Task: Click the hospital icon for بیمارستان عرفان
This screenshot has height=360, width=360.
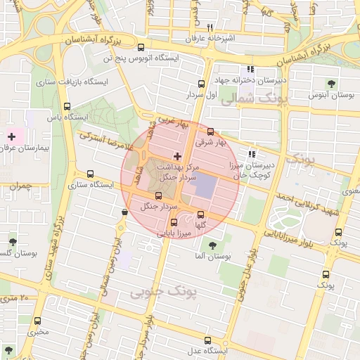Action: pos(12,134)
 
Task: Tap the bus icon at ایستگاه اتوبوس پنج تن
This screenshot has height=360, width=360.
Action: pos(141,48)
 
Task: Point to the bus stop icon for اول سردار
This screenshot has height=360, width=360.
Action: pos(202,82)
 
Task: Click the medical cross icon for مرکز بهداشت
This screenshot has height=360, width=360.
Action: pos(177,155)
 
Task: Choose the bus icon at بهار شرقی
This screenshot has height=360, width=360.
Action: pos(210,131)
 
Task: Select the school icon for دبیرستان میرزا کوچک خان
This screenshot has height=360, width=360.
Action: pos(252,154)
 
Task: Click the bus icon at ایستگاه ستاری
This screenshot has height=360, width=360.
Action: pos(90,174)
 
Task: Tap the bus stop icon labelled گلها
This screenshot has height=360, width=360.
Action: pos(201,214)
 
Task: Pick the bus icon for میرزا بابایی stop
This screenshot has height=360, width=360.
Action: pos(174,223)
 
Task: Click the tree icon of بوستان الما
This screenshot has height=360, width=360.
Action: pos(212,245)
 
